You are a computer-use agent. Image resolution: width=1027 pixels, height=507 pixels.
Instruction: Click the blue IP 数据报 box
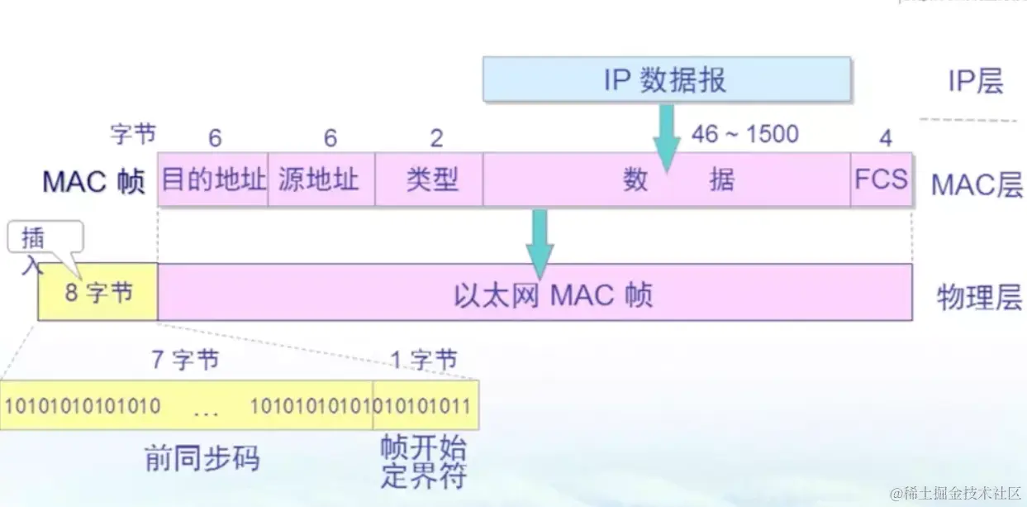click(666, 79)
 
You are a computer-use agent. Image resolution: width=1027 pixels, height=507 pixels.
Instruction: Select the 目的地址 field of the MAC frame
click(213, 179)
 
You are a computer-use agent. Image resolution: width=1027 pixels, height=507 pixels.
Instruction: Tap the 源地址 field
click(321, 179)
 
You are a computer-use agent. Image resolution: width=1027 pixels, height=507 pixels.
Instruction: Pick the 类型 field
click(430, 179)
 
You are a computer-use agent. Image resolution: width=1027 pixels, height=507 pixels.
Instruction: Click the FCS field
click(881, 179)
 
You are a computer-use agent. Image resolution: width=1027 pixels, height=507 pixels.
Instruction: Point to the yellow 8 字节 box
click(98, 293)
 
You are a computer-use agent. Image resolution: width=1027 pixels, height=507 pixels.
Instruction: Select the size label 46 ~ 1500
click(745, 134)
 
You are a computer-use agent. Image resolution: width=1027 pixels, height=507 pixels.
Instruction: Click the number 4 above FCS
click(885, 138)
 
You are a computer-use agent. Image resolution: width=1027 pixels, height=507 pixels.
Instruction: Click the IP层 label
click(975, 81)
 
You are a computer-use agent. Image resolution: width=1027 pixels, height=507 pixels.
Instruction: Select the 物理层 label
click(979, 296)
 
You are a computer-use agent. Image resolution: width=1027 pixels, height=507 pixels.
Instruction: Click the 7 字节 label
click(185, 360)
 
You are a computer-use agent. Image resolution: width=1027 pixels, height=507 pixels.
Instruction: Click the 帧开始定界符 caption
click(423, 462)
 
